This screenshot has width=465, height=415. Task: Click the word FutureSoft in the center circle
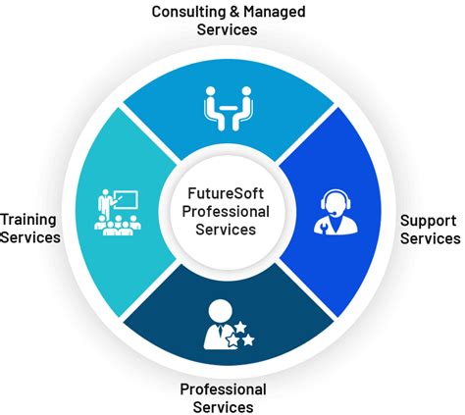tap(226, 193)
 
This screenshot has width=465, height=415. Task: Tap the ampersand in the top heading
tap(234, 12)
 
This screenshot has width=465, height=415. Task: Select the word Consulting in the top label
tap(188, 13)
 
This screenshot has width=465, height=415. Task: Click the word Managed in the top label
tap(275, 13)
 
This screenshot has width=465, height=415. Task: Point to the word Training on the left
tap(28, 220)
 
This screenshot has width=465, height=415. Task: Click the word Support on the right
tap(428, 221)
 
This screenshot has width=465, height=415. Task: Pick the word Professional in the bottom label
tap(223, 389)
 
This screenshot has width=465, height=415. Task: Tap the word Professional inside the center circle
tap(226, 211)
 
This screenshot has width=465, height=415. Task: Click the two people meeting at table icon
tap(229, 109)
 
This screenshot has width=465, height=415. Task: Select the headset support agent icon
tap(336, 212)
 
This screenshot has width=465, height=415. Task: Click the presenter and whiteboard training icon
tap(118, 212)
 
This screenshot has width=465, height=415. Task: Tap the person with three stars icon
tap(229, 325)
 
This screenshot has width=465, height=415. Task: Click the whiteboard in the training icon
tap(126, 200)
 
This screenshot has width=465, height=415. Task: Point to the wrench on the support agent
tap(323, 227)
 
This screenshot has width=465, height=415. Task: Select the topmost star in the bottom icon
tap(240, 327)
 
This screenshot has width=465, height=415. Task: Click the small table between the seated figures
tap(229, 107)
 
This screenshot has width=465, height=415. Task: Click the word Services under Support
tap(431, 238)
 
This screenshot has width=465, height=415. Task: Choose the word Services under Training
tap(30, 237)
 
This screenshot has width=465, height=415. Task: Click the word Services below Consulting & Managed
tap(227, 29)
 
